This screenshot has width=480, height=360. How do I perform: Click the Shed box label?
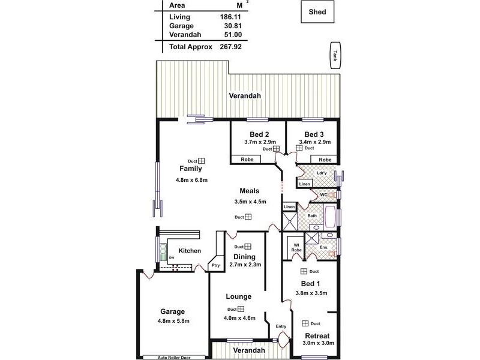(318, 11)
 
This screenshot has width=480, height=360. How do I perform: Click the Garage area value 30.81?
(232, 26)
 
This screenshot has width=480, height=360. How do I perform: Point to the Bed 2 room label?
(259, 134)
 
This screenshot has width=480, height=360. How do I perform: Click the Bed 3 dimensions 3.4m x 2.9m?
(314, 142)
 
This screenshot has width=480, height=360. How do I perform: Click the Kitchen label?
(189, 251)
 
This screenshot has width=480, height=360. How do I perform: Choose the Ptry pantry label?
(215, 265)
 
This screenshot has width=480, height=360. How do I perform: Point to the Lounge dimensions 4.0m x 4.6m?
(239, 318)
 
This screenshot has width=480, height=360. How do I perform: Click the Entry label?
(281, 326)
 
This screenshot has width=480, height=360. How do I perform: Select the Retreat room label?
(317, 335)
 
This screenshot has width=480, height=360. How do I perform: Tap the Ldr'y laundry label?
(321, 173)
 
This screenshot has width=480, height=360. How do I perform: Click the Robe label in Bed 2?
(247, 160)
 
